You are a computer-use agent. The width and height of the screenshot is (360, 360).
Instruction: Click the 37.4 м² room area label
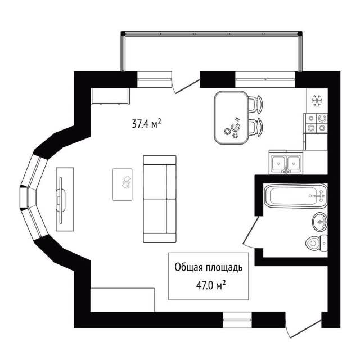(x=146, y=124)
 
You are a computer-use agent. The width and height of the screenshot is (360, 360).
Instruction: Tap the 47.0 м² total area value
(x=211, y=285)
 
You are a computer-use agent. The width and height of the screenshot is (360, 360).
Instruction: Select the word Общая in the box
(x=188, y=268)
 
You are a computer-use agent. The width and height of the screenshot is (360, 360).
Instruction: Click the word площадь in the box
(x=224, y=268)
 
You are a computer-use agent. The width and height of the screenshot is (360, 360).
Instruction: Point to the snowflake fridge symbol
(x=317, y=101)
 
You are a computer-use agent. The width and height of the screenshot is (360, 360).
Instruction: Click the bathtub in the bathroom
(x=296, y=196)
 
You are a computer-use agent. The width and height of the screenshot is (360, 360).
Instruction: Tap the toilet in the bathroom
(x=317, y=243)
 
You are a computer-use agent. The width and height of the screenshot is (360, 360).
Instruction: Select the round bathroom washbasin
(x=320, y=222)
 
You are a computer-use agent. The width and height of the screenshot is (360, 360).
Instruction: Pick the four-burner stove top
(x=316, y=123)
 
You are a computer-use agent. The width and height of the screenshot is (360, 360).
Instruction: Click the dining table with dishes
(x=231, y=118)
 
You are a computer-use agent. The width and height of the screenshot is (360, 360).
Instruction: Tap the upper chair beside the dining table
(x=255, y=105)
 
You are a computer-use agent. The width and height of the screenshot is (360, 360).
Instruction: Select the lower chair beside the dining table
(x=255, y=127)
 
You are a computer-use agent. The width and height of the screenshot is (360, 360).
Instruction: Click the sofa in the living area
(x=160, y=199)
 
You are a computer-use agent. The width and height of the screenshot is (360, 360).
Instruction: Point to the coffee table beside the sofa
(x=122, y=184)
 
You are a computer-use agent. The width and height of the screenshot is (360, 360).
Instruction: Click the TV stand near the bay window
(x=65, y=199)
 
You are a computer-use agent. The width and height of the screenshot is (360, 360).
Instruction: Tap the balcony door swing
(x=186, y=87)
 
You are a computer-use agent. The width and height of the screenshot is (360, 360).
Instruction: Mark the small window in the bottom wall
(x=237, y=320)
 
